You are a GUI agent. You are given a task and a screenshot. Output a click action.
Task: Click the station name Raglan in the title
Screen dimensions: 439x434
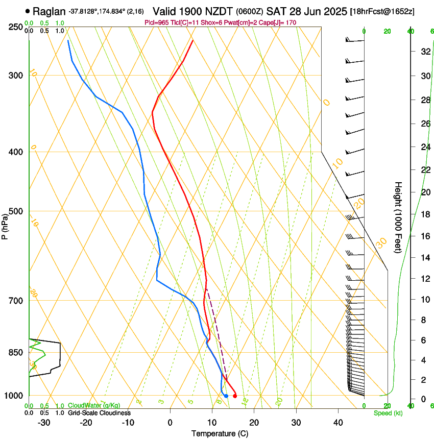tap(50, 11)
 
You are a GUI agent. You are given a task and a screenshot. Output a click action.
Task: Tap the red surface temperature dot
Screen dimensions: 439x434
tap(234, 396)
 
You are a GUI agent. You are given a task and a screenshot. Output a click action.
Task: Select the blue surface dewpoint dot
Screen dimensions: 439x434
tap(226, 396)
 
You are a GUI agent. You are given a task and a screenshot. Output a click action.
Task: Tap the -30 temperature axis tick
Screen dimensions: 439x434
tap(44, 422)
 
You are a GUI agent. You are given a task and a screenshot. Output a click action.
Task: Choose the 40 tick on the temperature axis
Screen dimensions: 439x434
tap(337, 422)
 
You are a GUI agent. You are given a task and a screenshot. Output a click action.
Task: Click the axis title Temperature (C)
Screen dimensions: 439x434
tap(220, 433)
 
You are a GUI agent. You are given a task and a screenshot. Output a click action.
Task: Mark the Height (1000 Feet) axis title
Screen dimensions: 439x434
tap(399, 217)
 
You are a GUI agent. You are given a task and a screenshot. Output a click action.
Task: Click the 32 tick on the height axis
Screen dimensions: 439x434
tap(424, 52)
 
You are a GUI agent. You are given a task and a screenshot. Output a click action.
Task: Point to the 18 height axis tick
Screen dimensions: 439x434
tap(424, 214)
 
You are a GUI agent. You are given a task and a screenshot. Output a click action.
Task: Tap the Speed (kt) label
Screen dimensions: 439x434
tap(388, 413)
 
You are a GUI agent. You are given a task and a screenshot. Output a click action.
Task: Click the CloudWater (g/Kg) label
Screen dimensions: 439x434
tap(94, 406)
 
